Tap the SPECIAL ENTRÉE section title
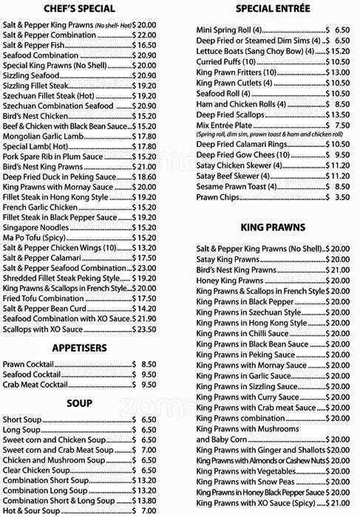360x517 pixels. click(272, 10)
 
